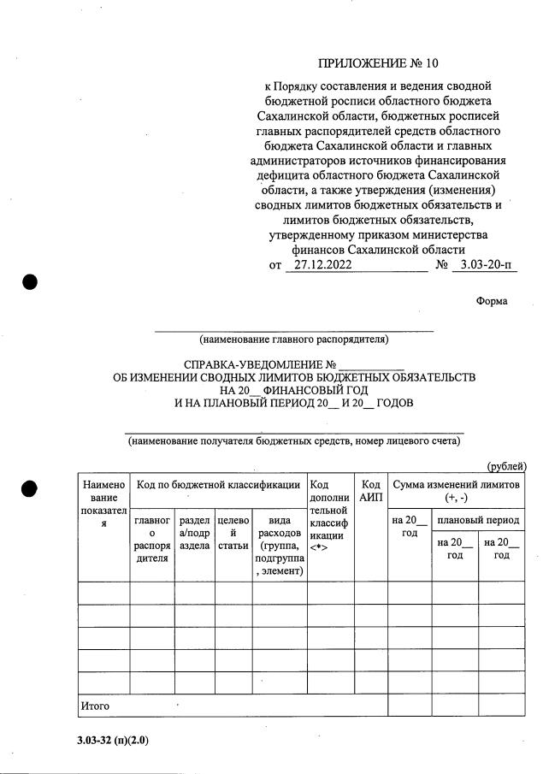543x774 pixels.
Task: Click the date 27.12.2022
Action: tap(316, 265)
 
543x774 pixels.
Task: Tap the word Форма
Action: tap(492, 301)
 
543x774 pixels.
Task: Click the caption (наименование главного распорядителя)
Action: tap(293, 340)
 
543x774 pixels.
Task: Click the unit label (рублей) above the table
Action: tap(506, 466)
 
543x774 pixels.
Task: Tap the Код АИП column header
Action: tap(370, 491)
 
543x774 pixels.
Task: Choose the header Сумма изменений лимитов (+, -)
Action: tap(455, 491)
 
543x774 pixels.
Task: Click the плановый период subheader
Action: tap(478, 520)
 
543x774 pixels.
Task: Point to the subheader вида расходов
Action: tap(279, 546)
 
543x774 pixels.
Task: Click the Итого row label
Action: tap(96, 706)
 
